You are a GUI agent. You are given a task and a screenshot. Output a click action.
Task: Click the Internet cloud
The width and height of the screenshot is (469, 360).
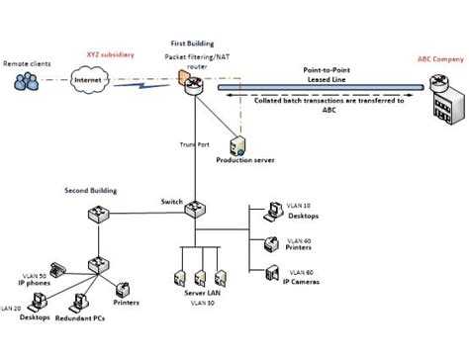tap(87, 80)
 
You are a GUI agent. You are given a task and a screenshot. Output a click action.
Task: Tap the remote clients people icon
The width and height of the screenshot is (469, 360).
tap(27, 80)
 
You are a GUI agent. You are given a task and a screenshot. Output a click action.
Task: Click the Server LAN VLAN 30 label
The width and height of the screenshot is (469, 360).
tap(204, 299)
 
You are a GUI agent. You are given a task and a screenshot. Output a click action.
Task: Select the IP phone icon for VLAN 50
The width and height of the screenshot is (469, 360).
tap(57, 268)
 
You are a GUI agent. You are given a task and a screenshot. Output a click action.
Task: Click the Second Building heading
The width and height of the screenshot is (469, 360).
tap(90, 189)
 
